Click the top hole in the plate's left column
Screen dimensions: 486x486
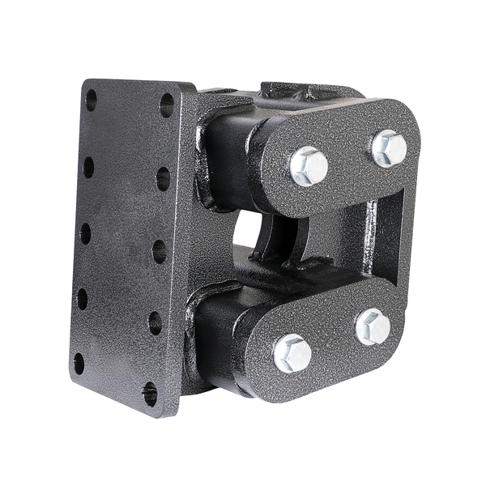coord(91,100)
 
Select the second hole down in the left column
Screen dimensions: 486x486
coord(88,166)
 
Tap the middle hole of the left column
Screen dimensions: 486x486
coord(85,233)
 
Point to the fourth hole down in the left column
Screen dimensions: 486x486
coord(82,298)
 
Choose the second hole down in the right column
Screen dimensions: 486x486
coord(163,178)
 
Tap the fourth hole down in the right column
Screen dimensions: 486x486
coord(155,322)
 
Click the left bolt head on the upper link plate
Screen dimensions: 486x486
coord(309,166)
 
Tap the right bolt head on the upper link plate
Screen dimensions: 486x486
coord(389,148)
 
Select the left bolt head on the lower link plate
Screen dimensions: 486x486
coord(292,353)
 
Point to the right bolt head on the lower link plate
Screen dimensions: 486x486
coord(373,326)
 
